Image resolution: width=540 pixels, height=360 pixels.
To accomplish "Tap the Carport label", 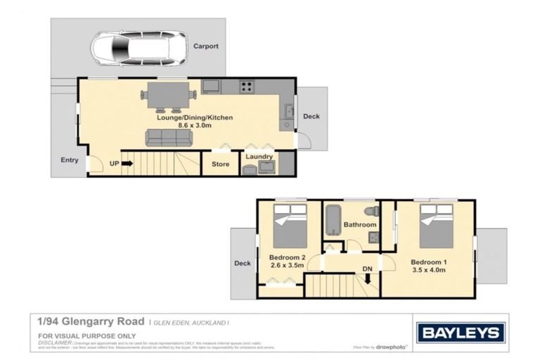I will (x=206, y=46).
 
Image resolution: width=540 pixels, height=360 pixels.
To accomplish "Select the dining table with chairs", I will (x=169, y=95).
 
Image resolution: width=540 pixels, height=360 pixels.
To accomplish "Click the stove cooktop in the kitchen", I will (x=247, y=87).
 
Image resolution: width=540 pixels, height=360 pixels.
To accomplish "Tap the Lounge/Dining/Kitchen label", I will (x=186, y=117).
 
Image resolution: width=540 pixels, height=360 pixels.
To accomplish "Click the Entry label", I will (x=69, y=160).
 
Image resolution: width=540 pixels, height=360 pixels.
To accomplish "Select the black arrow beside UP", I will (x=127, y=164).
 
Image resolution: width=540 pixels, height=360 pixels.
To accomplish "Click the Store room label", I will (x=221, y=165).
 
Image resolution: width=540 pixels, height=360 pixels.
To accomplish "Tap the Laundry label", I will (x=259, y=157).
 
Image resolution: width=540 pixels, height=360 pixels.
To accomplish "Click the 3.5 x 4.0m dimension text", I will (x=430, y=270).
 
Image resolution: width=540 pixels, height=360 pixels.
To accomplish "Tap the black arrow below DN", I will (x=367, y=280).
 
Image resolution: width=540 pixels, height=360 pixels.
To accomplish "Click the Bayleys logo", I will (x=461, y=332).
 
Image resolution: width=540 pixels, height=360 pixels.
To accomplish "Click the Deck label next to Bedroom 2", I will (x=242, y=263).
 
